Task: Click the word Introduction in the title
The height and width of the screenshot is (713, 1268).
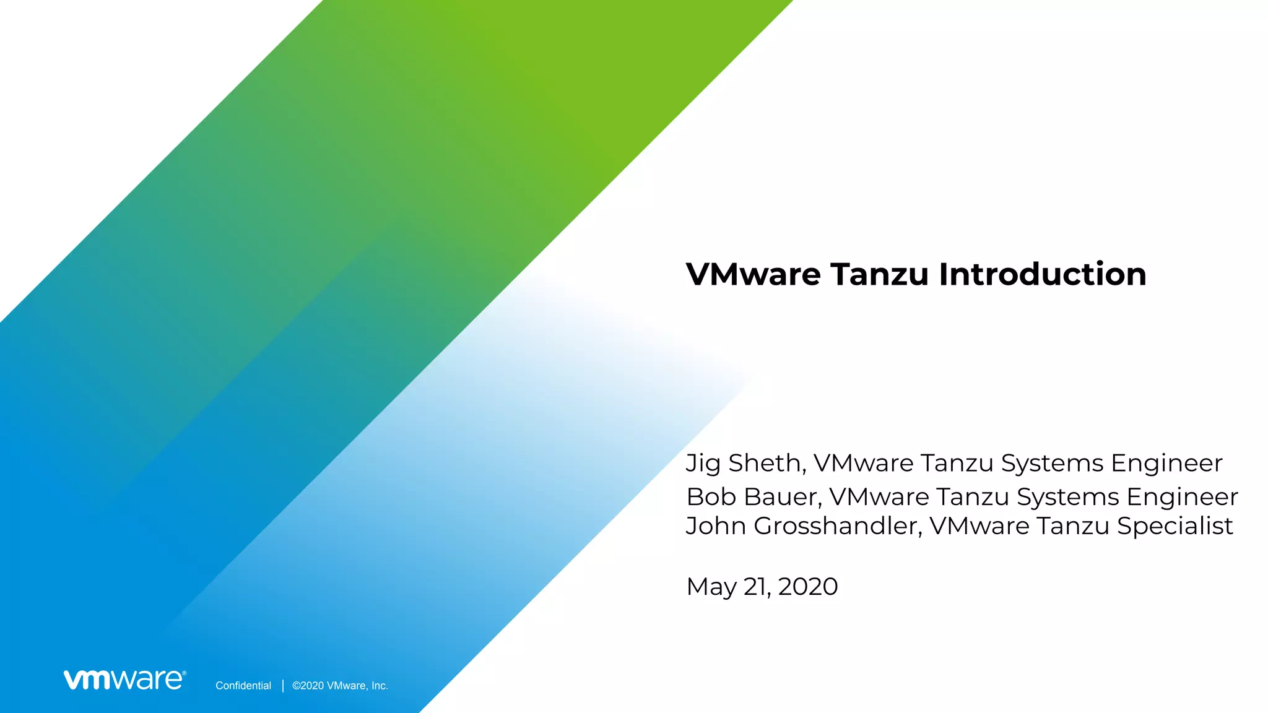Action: [1043, 274]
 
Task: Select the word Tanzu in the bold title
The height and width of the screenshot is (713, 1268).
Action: [879, 274]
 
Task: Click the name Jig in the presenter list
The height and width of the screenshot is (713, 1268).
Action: [703, 464]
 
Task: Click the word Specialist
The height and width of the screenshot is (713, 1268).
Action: [1175, 525]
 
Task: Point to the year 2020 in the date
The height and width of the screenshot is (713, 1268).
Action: [807, 586]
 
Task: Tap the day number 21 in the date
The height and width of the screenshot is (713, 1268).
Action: [756, 586]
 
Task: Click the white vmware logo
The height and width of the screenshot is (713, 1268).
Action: [124, 679]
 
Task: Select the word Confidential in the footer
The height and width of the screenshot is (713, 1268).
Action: [243, 685]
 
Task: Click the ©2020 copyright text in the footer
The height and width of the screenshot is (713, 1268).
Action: [308, 685]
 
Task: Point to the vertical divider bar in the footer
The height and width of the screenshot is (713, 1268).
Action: [283, 685]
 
